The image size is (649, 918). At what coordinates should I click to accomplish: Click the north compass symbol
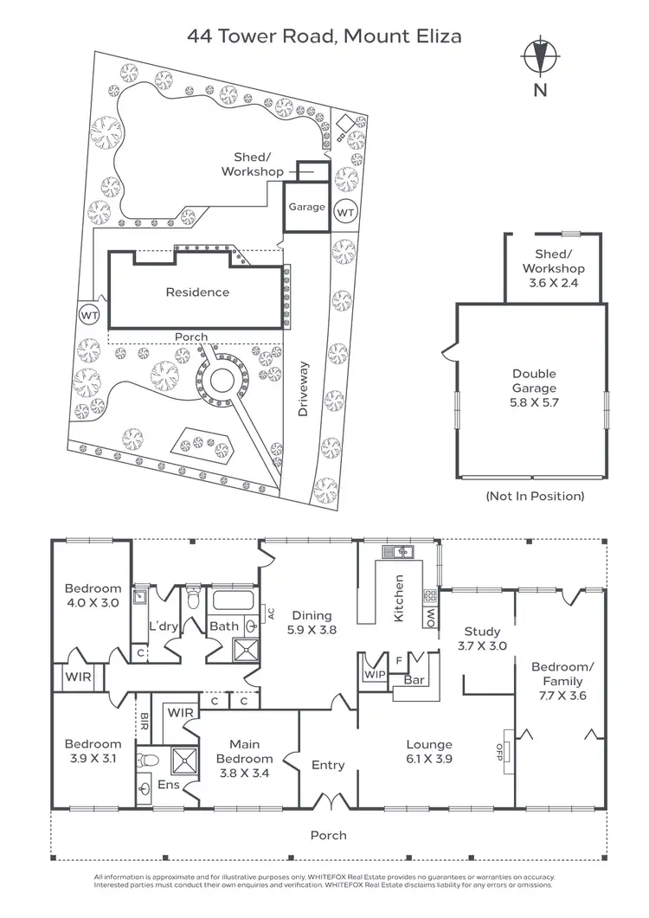pos(540,57)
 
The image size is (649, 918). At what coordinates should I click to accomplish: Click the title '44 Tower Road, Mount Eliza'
pos(324,36)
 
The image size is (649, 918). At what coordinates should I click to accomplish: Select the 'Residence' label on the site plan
pos(197,292)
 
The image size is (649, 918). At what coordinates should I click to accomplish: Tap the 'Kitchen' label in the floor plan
pos(399,599)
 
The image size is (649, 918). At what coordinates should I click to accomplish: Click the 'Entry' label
pos(328,765)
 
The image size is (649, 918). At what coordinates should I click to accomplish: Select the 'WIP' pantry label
pos(376,674)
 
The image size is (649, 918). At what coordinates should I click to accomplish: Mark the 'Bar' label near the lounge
pos(414,680)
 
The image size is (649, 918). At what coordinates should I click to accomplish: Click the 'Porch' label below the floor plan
pos(328,835)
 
